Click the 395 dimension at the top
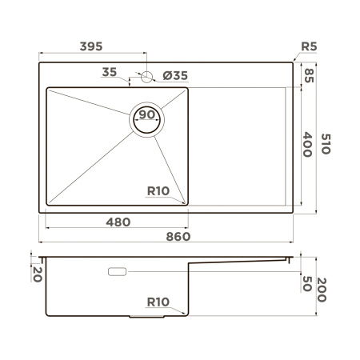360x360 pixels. (90, 46)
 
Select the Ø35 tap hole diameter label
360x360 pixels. (175, 76)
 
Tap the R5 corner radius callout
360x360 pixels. (310, 46)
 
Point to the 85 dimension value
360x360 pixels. (309, 75)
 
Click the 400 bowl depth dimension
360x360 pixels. (309, 144)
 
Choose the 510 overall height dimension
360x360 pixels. (326, 144)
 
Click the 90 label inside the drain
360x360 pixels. (146, 115)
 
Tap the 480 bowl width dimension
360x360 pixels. (118, 221)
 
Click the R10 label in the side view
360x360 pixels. (158, 302)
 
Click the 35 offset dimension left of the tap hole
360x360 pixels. (110, 72)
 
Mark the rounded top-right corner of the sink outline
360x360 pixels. (292, 61)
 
